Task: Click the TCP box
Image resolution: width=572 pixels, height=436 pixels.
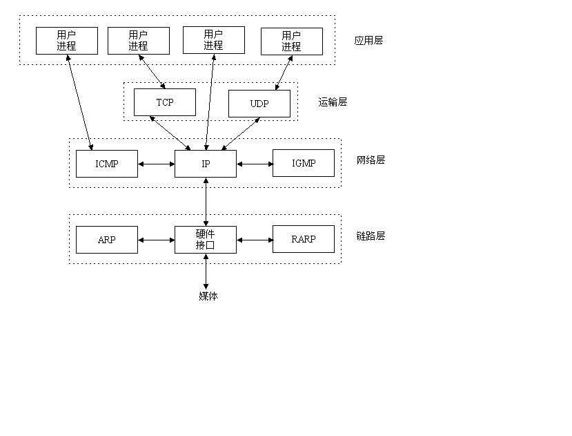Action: point(164,102)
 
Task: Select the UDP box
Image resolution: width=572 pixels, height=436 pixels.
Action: point(259,104)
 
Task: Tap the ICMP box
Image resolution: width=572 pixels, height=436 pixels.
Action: point(107,164)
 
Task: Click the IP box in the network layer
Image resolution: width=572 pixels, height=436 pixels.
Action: point(206,164)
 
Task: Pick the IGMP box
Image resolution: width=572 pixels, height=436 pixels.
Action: point(304,164)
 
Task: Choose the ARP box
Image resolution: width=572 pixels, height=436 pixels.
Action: point(107,240)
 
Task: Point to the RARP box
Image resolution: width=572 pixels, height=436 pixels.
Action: point(304,240)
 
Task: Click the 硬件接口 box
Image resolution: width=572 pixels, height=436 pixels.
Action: point(206,240)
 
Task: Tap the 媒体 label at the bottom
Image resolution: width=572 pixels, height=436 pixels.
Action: point(208,296)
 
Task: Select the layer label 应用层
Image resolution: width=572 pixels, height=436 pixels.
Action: point(368,41)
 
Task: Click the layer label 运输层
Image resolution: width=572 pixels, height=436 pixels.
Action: point(333,102)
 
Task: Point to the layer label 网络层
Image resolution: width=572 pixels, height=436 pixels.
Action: point(371,160)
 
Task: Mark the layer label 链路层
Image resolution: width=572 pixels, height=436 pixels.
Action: point(371,236)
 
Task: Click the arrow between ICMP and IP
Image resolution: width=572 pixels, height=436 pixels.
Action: point(157,164)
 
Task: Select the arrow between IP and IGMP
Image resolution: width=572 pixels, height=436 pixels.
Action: point(255,164)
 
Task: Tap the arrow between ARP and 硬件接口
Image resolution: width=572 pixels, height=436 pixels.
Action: point(157,240)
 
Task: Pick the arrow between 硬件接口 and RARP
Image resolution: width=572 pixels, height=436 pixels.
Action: point(255,240)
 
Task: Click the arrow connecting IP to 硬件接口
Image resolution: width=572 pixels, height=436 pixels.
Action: point(206,202)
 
